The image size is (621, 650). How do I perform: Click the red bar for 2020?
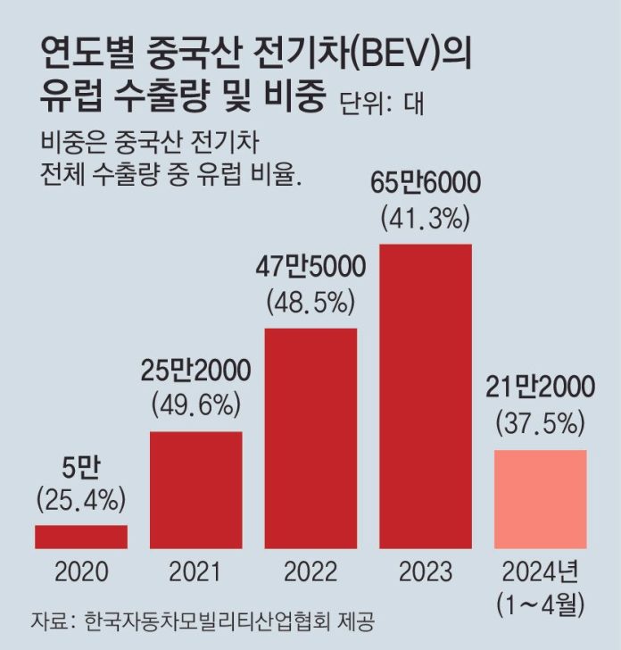(x=81, y=537)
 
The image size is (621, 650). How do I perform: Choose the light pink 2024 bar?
(x=540, y=498)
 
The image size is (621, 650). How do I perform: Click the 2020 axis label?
(x=81, y=571)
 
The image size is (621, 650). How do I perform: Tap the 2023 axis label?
(x=426, y=571)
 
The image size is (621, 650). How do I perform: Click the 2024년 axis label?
(x=541, y=571)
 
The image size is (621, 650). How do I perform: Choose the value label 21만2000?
(x=541, y=387)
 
